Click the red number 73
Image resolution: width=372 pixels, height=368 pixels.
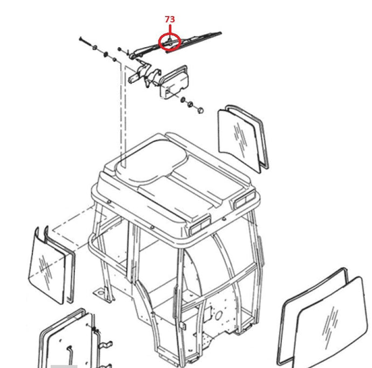(x=170, y=19)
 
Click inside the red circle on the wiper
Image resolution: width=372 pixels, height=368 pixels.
(x=170, y=42)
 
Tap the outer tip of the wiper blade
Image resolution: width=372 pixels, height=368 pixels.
(x=221, y=33)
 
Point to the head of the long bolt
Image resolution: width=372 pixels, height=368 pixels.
(x=80, y=38)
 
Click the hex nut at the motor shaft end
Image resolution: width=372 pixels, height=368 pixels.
(x=200, y=110)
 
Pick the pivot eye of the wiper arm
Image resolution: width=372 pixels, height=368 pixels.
(x=132, y=56)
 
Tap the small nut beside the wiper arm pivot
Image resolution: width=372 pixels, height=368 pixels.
(x=120, y=50)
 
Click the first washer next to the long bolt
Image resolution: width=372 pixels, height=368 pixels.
(x=94, y=47)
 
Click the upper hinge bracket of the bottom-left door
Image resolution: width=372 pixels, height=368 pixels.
(x=106, y=345)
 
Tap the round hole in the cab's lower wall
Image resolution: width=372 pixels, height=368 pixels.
(x=218, y=315)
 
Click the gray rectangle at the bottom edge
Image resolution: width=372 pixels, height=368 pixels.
(x=64, y=366)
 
